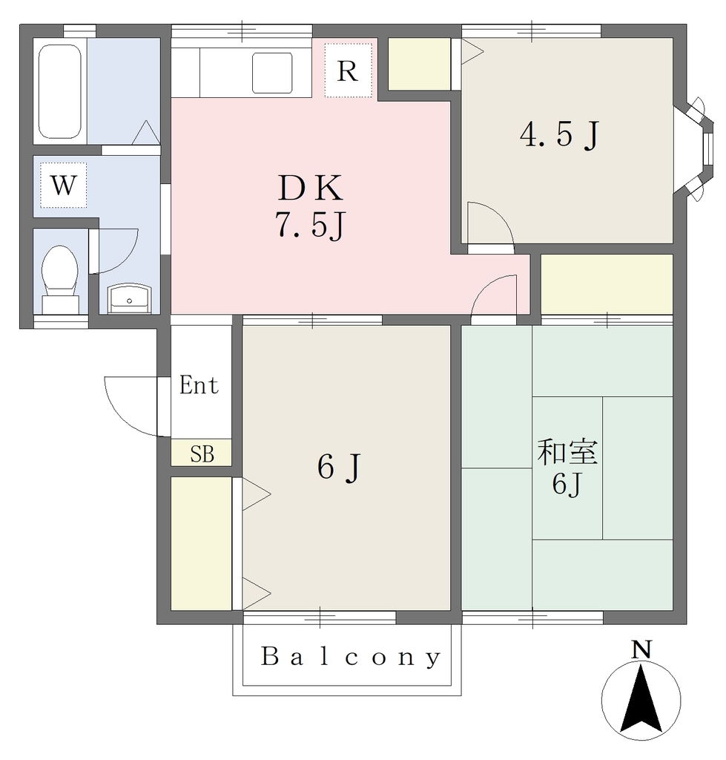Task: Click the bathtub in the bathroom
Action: tap(59, 91)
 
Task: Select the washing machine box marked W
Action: tap(64, 185)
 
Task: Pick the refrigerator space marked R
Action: tap(349, 71)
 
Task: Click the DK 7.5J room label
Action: tap(311, 206)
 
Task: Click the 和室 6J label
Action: tap(567, 467)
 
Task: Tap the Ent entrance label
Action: tap(199, 385)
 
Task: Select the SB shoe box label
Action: tap(202, 454)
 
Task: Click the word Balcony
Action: tap(351, 658)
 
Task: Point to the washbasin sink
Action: tap(129, 298)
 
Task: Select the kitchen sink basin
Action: tap(272, 73)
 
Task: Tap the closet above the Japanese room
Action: tap(607, 284)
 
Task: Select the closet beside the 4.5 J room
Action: tap(420, 64)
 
